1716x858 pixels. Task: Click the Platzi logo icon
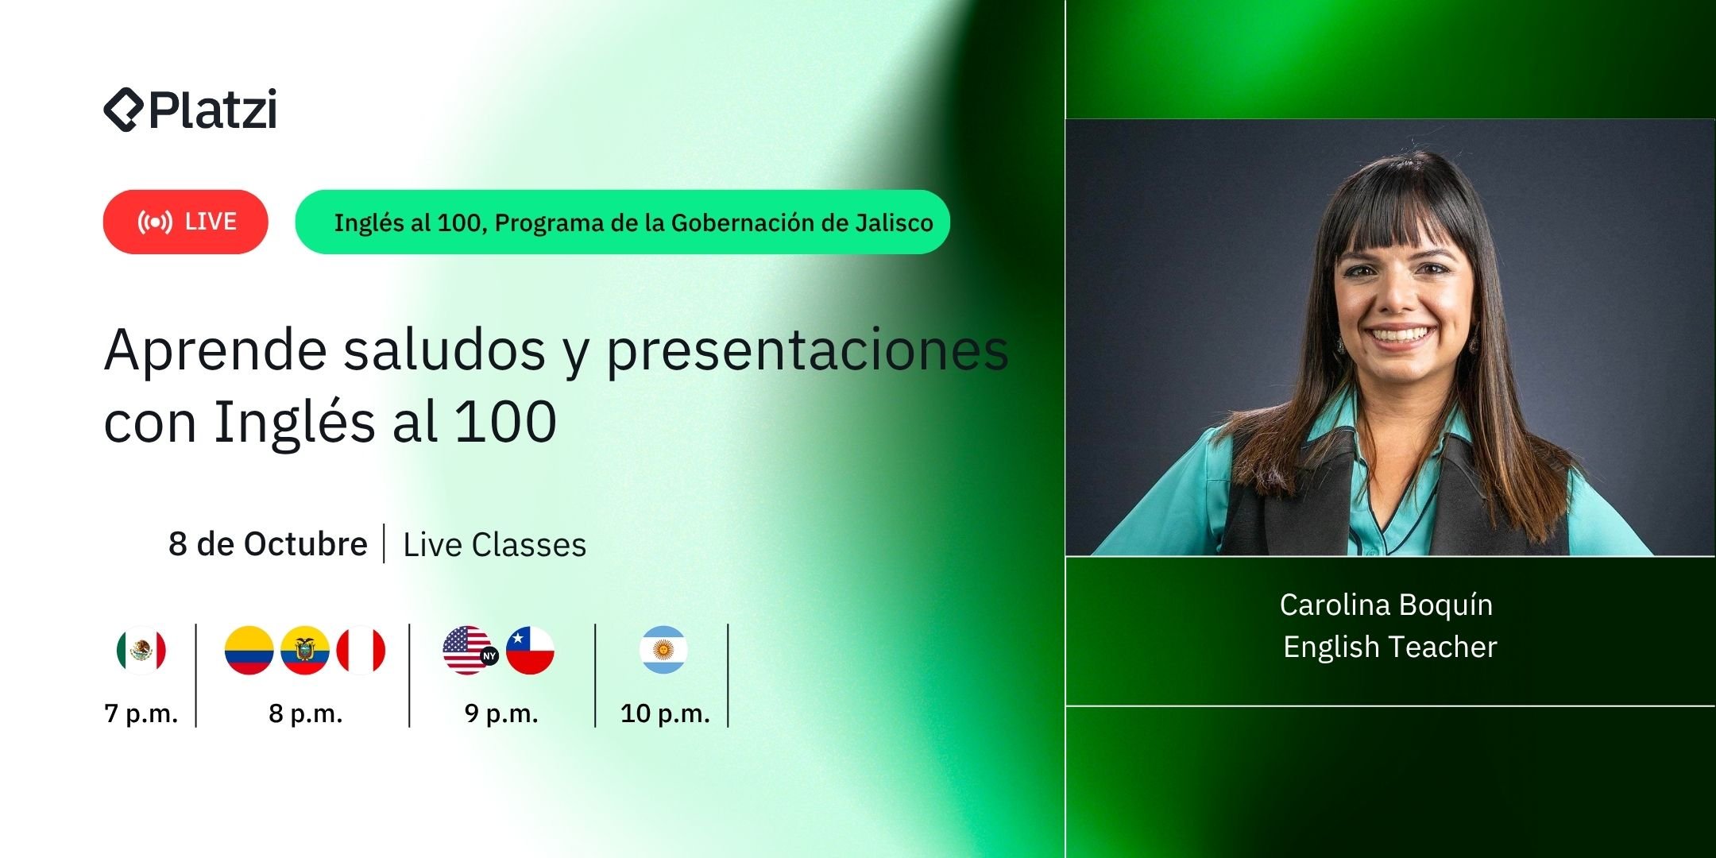[x=122, y=109]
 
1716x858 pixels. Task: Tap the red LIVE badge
[x=185, y=222]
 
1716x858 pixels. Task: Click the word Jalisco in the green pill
[x=894, y=223]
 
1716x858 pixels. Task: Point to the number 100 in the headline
[x=505, y=421]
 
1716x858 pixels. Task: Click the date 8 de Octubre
[x=268, y=544]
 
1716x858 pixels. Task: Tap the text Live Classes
[x=494, y=545]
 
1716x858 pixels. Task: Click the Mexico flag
[x=141, y=651]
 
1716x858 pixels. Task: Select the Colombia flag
[x=249, y=651]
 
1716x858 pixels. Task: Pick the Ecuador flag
[x=305, y=651]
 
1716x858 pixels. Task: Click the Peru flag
[x=361, y=651]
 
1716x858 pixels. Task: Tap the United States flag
[x=466, y=649]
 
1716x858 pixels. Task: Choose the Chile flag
[x=530, y=651]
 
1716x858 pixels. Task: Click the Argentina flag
[x=663, y=651]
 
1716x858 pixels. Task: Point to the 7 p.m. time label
[x=141, y=713]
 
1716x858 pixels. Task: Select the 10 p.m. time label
[x=665, y=713]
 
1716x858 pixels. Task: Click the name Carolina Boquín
[x=1386, y=605]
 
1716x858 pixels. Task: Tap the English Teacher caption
[x=1389, y=647]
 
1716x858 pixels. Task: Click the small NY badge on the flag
[x=489, y=656]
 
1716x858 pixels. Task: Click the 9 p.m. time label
[x=501, y=713]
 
